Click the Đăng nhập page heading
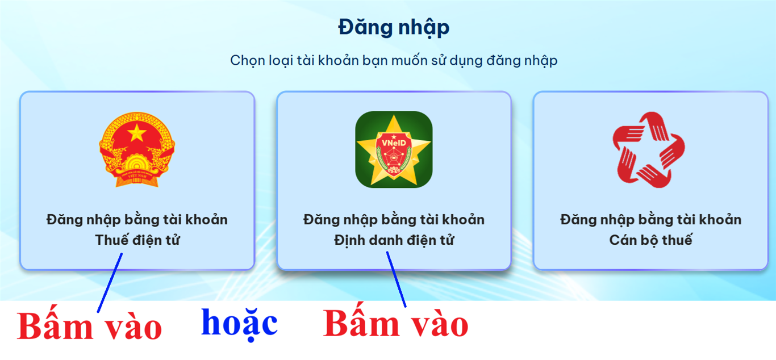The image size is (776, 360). pos(394,28)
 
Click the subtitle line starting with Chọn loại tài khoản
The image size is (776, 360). pos(394,61)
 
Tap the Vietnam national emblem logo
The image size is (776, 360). pos(137,149)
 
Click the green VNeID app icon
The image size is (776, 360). pos(394,149)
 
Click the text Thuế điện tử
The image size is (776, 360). pos(137,240)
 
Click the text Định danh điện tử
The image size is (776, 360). pos(394,240)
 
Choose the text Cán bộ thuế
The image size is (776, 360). pos(650,240)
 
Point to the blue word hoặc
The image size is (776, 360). pos(239,323)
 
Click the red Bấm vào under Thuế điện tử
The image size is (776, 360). pos(89,328)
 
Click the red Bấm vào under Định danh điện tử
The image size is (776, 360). pos(395,325)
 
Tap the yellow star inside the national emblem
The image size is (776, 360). pos(137,133)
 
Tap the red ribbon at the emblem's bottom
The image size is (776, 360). pos(137,177)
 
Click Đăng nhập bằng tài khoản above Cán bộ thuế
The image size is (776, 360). pos(650,219)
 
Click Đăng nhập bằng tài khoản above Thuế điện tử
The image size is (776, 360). pos(137,219)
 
